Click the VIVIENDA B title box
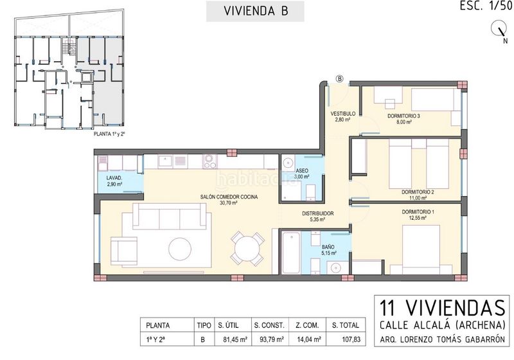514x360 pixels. click(x=255, y=11)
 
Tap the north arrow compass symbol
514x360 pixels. click(x=499, y=30)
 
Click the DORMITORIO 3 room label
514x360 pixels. click(x=403, y=116)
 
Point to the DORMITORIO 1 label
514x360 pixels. click(x=418, y=212)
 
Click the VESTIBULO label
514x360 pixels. click(x=343, y=114)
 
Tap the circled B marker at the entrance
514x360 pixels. click(x=340, y=78)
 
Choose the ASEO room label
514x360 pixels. click(x=302, y=171)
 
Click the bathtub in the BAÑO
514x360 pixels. click(x=291, y=253)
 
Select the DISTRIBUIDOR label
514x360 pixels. click(x=317, y=213)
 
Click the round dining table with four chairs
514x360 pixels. click(x=247, y=249)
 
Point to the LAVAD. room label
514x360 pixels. click(x=114, y=178)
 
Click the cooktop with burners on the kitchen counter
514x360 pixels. click(x=210, y=161)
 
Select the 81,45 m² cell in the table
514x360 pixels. click(x=235, y=339)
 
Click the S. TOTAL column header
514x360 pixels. click(x=346, y=325)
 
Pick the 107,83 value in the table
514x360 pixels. click(x=351, y=339)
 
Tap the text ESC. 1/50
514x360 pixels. click(x=486, y=6)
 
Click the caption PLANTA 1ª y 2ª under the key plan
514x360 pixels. click(x=109, y=134)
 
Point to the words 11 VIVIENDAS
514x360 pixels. click(x=442, y=307)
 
